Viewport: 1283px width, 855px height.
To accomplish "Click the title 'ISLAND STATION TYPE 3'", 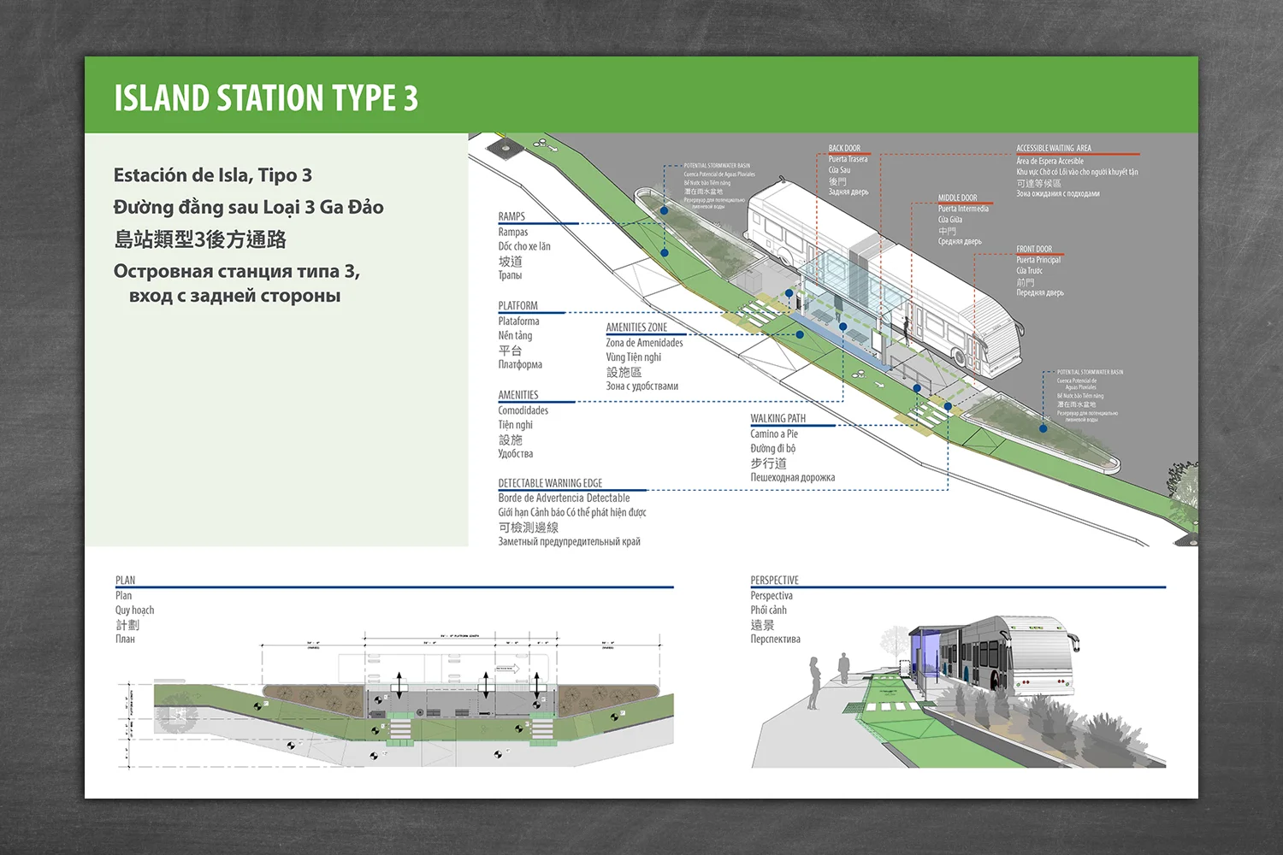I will click(266, 98).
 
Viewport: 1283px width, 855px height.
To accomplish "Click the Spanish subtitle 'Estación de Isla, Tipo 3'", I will click(212, 175).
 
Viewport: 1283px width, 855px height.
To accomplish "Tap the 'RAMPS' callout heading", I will click(511, 216).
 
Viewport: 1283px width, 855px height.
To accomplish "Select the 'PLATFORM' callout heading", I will click(517, 305).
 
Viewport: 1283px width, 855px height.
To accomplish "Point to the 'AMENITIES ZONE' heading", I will click(636, 327).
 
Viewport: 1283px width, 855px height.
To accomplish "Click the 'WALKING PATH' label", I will click(777, 418).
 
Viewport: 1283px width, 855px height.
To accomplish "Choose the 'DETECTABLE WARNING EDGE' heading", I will click(550, 483).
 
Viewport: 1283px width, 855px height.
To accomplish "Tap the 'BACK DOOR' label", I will click(844, 148).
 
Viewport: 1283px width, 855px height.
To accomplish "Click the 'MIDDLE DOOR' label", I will click(957, 198).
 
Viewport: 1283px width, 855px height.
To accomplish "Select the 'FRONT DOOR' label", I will click(1034, 249).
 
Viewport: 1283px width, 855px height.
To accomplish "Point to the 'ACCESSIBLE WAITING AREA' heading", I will click(1054, 148).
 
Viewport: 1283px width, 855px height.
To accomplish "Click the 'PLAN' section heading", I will click(125, 580).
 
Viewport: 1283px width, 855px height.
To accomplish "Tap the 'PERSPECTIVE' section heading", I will click(774, 580).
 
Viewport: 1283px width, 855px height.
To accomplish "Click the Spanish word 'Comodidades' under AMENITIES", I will click(523, 410).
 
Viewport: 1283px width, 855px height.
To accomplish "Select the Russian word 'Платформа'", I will click(520, 364).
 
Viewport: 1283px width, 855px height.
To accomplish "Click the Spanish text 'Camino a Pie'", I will click(774, 433).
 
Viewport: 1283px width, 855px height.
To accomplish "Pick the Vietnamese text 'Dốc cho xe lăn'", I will click(524, 246).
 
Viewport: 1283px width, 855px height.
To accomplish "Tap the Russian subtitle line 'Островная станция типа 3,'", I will click(236, 272).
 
